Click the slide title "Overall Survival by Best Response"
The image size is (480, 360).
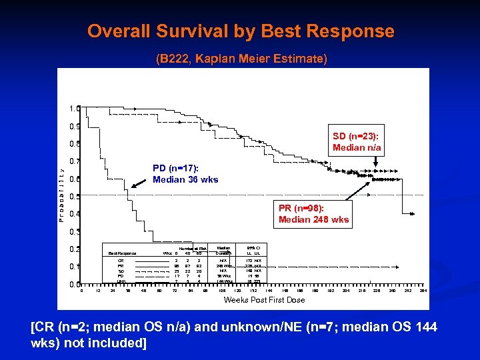[241, 31]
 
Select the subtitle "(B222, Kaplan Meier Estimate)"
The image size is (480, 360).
[241, 59]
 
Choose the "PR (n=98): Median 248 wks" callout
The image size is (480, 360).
[313, 214]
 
